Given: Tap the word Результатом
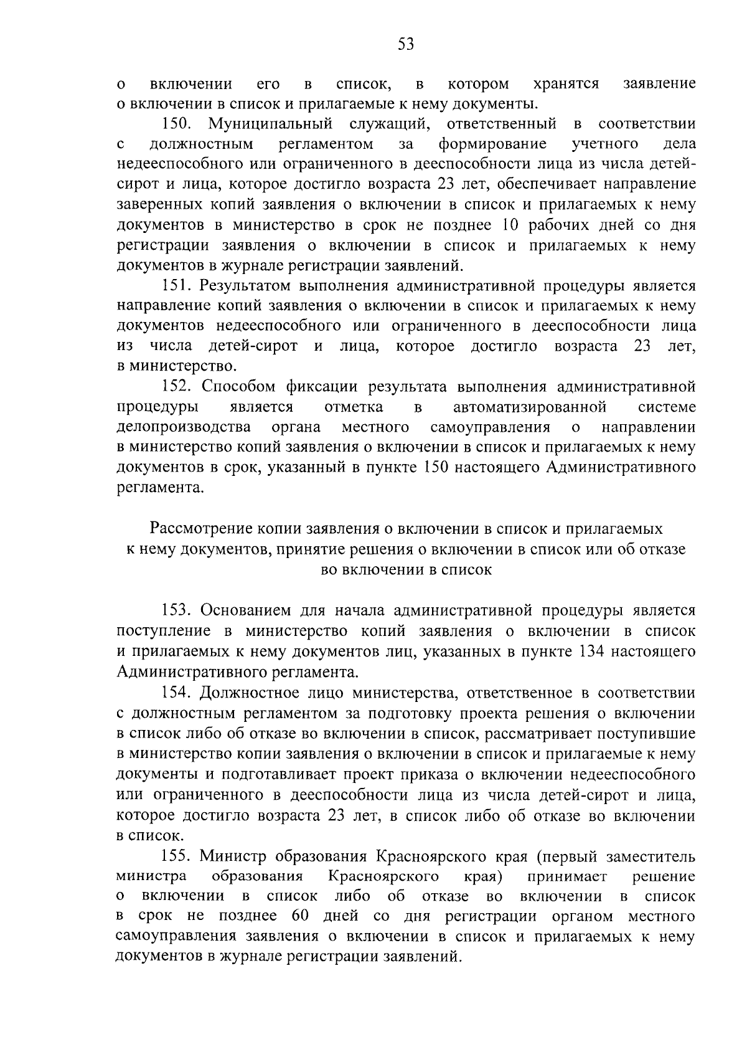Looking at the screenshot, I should (x=246, y=286).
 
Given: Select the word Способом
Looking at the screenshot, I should (x=239, y=387).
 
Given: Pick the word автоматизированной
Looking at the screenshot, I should (x=530, y=407).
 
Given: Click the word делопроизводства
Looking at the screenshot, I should (x=184, y=427).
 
